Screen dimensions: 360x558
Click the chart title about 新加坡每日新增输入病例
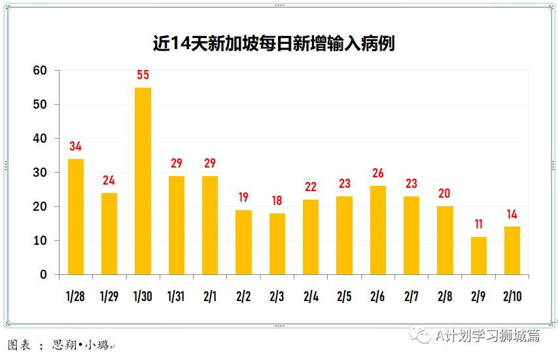click(x=273, y=44)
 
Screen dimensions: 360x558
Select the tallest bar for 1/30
click(x=143, y=181)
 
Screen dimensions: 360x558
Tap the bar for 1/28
click(x=76, y=217)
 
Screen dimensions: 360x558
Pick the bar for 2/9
click(x=479, y=256)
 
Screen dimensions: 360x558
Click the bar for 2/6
click(x=378, y=230)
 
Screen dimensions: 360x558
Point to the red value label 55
click(x=143, y=75)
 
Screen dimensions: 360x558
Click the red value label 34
click(x=76, y=147)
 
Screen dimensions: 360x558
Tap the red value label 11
click(x=479, y=225)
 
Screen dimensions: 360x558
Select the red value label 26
click(x=378, y=173)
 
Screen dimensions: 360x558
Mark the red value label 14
click(x=512, y=214)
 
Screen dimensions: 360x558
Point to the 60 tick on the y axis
click(x=41, y=71)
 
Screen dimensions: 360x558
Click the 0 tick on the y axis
click(x=44, y=275)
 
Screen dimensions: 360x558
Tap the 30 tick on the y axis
click(x=41, y=173)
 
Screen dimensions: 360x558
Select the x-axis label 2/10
click(x=512, y=297)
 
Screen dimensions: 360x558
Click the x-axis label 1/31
click(x=176, y=297)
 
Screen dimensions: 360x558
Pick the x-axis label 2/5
click(x=344, y=297)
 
